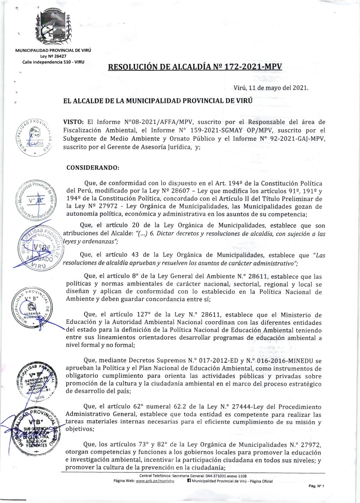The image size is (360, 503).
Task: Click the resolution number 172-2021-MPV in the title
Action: pyautogui.click(x=252, y=67)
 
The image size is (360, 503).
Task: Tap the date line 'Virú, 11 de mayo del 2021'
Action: pyautogui.click(x=271, y=87)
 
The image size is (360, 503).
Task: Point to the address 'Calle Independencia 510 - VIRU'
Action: pyautogui.click(x=53, y=63)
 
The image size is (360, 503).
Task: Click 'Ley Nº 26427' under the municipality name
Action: pyautogui.click(x=53, y=57)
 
